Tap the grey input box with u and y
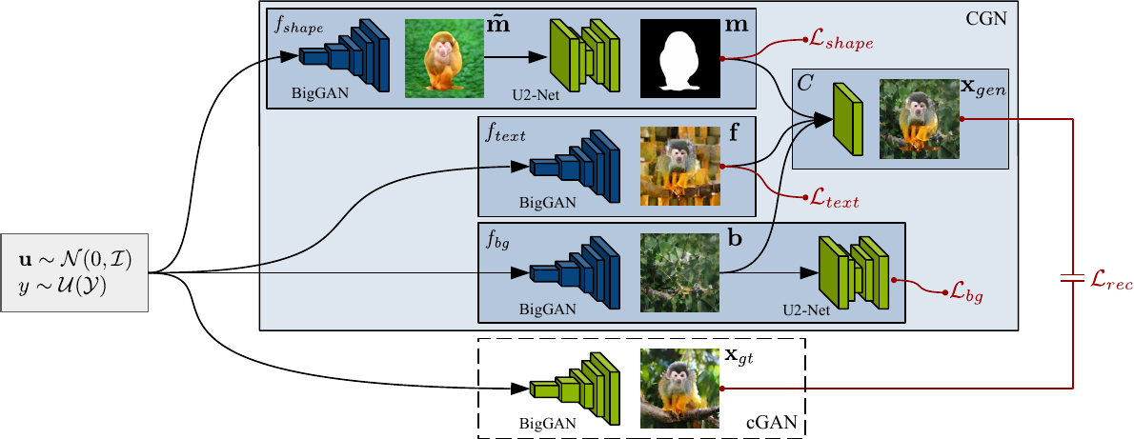(x=75, y=270)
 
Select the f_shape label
(x=300, y=28)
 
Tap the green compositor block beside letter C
(x=847, y=119)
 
